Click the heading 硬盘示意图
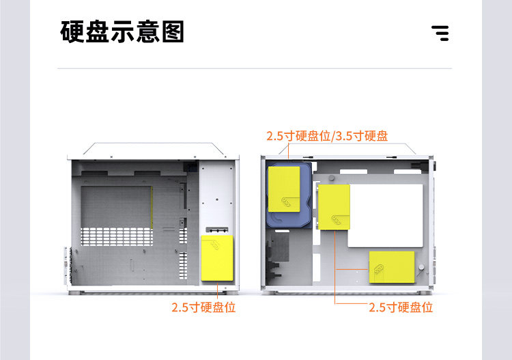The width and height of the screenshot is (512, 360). [x=122, y=31]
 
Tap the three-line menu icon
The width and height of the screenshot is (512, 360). [x=440, y=33]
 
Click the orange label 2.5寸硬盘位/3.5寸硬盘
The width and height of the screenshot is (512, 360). [x=327, y=136]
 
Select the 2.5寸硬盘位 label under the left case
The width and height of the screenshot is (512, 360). [x=203, y=307]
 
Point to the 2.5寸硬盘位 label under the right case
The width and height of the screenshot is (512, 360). [x=401, y=307]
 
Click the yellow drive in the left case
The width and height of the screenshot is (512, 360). [x=217, y=258]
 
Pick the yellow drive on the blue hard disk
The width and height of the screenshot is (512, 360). [x=284, y=189]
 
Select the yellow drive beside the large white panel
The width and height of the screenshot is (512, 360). [x=334, y=207]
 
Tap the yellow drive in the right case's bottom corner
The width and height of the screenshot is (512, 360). [x=392, y=267]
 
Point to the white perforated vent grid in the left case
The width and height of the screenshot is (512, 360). [x=117, y=236]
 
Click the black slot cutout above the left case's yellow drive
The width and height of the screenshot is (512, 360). [x=217, y=230]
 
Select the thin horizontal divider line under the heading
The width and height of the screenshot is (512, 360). [x=255, y=68]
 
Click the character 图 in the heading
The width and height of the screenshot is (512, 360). [x=173, y=31]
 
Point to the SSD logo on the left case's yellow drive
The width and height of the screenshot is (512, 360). [x=215, y=245]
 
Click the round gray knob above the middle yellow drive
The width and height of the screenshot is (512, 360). [x=331, y=178]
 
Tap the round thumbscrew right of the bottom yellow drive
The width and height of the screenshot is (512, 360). [x=421, y=267]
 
